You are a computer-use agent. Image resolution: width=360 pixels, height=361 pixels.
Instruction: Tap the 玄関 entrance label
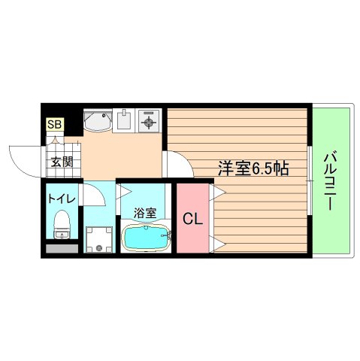tap(61, 160)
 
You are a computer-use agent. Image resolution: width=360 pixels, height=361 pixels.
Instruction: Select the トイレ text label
tap(60, 199)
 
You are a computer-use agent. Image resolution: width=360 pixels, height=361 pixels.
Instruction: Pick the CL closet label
tap(192, 220)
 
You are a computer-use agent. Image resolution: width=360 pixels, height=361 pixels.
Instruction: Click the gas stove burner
tap(148, 120)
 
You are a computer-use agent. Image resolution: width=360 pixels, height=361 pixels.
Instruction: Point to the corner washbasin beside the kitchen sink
tap(97, 120)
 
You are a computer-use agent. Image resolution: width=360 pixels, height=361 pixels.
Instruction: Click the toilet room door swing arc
tap(93, 196)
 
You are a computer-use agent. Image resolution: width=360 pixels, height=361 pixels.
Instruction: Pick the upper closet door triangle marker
tap(216, 194)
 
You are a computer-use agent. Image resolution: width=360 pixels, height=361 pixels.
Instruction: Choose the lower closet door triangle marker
tap(216, 242)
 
